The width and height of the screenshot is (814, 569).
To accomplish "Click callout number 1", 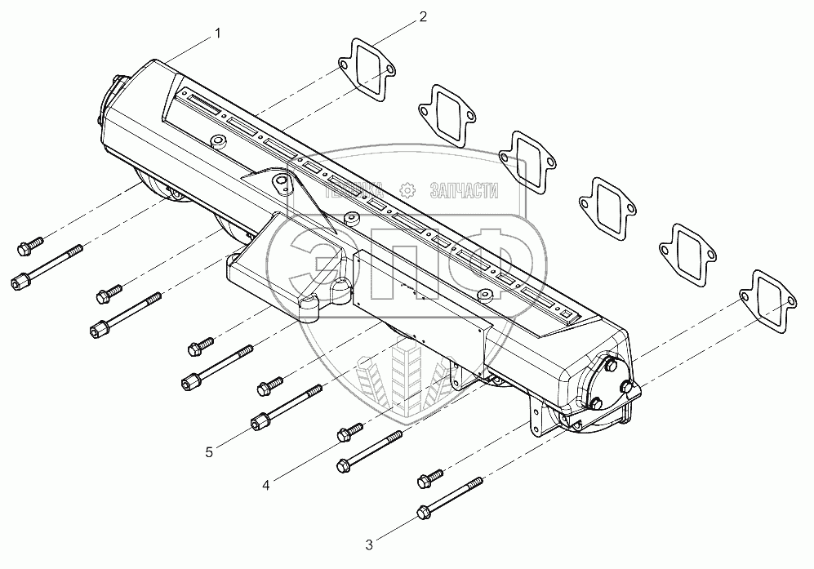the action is tap(216, 33).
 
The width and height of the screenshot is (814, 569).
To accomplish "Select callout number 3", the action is tap(368, 543).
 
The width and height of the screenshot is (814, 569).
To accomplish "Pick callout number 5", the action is tap(210, 450).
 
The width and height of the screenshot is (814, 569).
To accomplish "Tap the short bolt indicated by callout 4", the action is tap(349, 430).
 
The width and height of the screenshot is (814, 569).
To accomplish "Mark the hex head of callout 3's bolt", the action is tap(422, 512).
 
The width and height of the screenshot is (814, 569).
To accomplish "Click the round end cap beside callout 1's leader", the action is tap(113, 97).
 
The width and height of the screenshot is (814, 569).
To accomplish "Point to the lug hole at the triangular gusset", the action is tap(282, 181).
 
